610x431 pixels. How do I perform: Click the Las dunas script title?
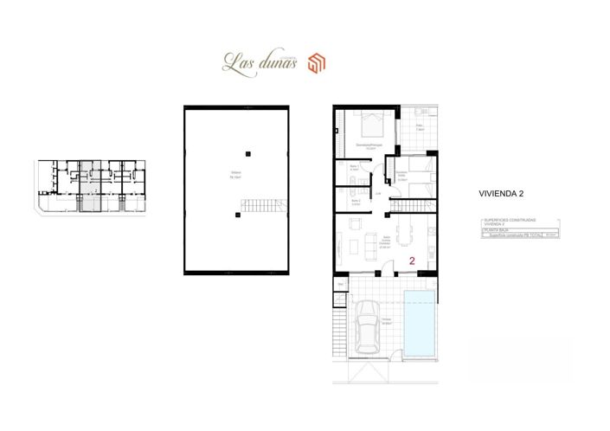[259, 62]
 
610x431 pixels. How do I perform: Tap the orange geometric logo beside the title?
[317, 63]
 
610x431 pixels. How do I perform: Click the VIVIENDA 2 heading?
[503, 195]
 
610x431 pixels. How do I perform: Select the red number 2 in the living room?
[411, 259]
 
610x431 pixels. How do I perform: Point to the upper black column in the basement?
[248, 153]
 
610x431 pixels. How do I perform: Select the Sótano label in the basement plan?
[234, 173]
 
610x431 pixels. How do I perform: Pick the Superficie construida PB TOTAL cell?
[511, 235]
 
